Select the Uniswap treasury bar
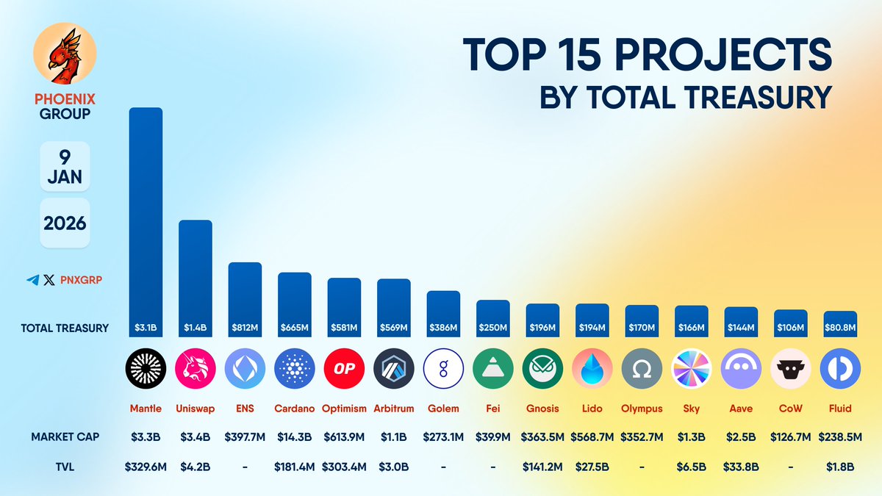pos(196,272)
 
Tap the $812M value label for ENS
pos(245,328)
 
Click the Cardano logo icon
pos(294,368)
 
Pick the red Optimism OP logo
pos(344,368)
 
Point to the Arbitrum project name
pos(393,409)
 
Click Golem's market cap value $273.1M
pos(443,436)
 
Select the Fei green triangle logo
pos(492,368)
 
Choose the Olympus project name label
pos(642,409)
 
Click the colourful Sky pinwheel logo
pos(692,368)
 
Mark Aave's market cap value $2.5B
pos(741,436)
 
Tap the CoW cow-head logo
pos(790,368)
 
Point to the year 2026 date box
pos(65,223)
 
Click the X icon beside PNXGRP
pos(49,280)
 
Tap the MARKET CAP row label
pos(65,436)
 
